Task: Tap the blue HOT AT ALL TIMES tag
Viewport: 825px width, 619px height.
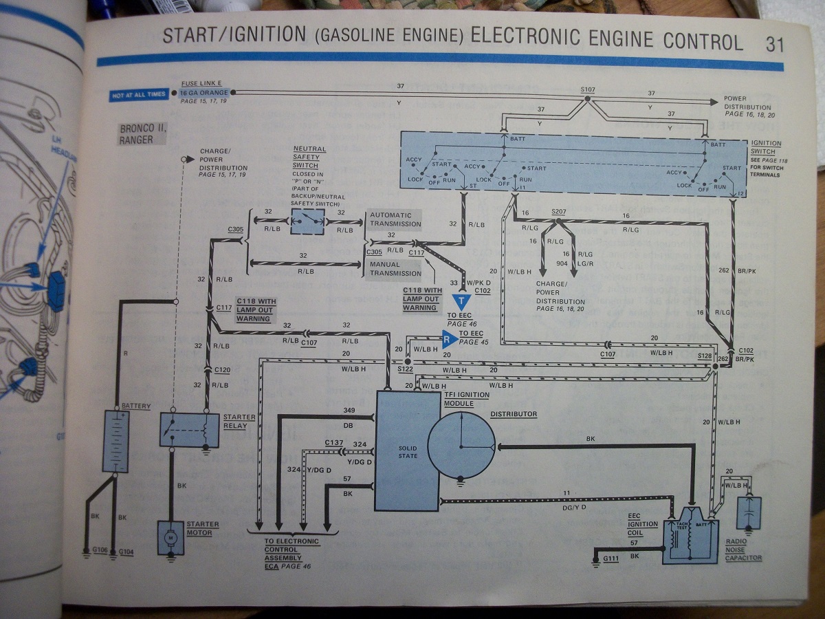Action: pyautogui.click(x=140, y=94)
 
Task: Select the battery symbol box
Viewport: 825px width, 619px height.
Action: pyautogui.click(x=116, y=441)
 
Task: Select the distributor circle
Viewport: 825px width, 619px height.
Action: pyautogui.click(x=462, y=445)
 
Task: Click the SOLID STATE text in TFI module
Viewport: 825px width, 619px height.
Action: pyautogui.click(x=408, y=451)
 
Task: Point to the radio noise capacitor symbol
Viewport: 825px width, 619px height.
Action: pyautogui.click(x=747, y=513)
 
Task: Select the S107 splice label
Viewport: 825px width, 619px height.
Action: pyautogui.click(x=587, y=89)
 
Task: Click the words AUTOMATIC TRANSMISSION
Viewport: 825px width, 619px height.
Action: pyautogui.click(x=395, y=219)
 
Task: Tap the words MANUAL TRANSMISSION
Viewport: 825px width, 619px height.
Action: pyautogui.click(x=395, y=268)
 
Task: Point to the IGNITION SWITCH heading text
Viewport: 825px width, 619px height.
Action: pyautogui.click(x=766, y=147)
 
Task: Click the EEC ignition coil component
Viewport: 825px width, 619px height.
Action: pyautogui.click(x=690, y=536)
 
